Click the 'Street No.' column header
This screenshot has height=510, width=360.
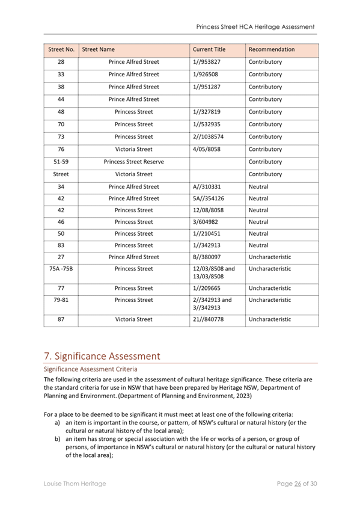click(x=61, y=49)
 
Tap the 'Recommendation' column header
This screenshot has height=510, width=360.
click(x=272, y=49)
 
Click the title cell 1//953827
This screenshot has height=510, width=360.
click(x=206, y=62)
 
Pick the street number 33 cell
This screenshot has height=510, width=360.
click(x=61, y=75)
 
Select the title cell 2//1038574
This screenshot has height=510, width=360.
click(x=209, y=137)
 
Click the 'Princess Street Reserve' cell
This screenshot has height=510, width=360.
click(x=133, y=162)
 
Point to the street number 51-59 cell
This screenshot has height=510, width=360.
click(x=61, y=162)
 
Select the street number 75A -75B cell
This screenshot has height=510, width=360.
click(x=61, y=269)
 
